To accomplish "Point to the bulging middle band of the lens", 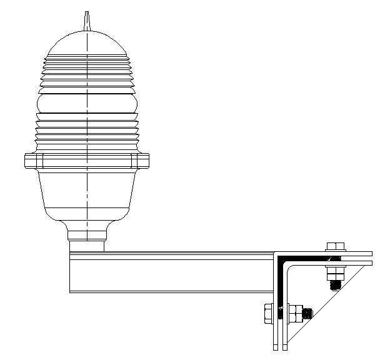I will (x=87, y=103).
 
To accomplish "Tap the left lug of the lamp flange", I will (x=30, y=161).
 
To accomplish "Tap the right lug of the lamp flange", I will (x=143, y=161).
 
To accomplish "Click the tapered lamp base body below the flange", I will (x=87, y=194).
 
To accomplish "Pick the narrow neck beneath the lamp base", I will (x=87, y=236).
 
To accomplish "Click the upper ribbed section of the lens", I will (x=87, y=72).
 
